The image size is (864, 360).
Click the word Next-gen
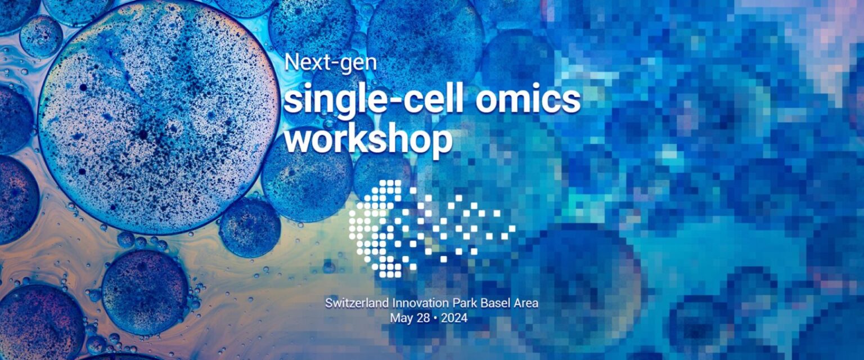pyautogui.click(x=330, y=62)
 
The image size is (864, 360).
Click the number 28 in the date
pyautogui.click(x=422, y=318)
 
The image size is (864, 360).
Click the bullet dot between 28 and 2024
pyautogui.click(x=435, y=318)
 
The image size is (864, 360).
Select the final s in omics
pyautogui.click(x=572, y=101)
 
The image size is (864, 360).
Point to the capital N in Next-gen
pyautogui.click(x=291, y=61)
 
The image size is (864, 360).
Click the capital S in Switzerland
pyautogui.click(x=328, y=303)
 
